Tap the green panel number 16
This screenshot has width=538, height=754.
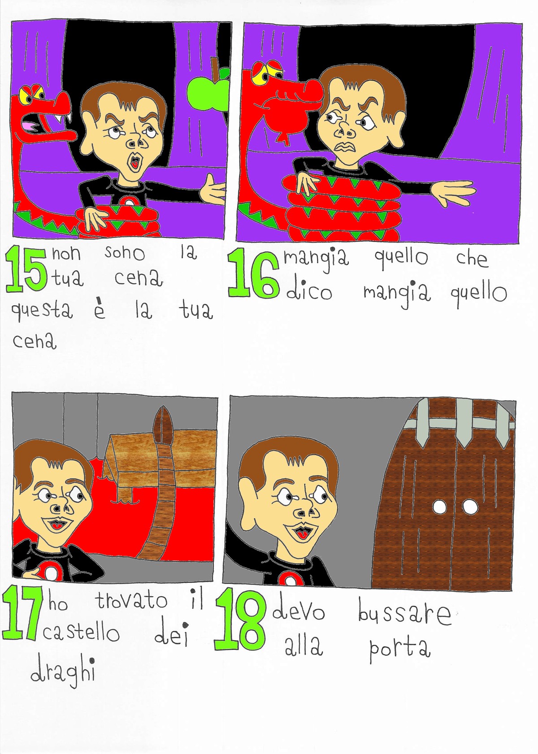tap(253, 272)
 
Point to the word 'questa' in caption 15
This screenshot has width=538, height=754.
tap(42, 312)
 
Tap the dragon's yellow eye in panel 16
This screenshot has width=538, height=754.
tap(261, 78)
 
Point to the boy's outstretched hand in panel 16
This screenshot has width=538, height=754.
tap(453, 193)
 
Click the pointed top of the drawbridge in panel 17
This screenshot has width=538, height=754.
tap(164, 408)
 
